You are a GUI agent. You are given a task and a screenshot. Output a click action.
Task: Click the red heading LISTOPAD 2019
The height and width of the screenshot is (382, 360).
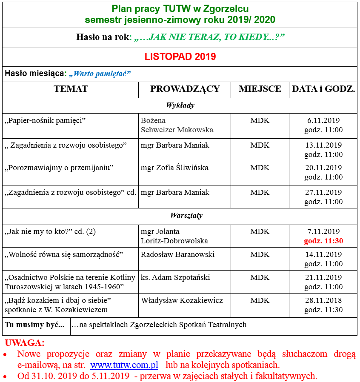pos(180,57)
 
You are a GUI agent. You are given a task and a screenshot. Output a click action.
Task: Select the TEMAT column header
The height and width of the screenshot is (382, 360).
pos(71,89)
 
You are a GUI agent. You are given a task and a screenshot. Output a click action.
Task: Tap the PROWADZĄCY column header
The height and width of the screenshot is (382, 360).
pos(185,89)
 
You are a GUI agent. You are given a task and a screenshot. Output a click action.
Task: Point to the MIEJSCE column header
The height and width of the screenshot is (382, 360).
pos(260,89)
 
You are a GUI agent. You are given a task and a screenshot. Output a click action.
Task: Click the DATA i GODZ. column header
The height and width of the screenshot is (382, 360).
pos(323,89)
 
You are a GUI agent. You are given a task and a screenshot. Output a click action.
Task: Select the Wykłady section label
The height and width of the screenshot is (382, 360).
pos(180,105)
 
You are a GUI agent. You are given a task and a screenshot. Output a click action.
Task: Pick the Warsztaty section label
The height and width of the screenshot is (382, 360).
pos(180,215)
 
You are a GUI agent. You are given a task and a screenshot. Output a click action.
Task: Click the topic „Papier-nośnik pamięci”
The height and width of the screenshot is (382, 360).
pos(46,120)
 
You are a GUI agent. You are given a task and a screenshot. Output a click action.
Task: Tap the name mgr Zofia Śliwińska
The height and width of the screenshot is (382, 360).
pos(174,168)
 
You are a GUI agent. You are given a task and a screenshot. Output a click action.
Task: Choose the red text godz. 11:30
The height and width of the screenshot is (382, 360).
pos(323,241)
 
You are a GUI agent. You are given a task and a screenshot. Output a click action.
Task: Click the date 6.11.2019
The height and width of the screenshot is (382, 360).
pos(323,120)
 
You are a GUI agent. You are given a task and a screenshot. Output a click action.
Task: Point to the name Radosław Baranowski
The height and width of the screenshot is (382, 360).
pos(177,254)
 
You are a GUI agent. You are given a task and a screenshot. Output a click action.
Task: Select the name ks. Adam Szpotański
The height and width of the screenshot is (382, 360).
pos(175,277)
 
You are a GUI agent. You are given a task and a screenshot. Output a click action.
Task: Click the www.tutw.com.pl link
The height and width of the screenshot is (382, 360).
pos(124,365)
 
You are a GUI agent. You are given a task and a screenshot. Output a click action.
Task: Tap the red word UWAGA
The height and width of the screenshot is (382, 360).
pos(24,343)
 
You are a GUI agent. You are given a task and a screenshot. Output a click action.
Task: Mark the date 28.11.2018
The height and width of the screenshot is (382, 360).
pos(323,300)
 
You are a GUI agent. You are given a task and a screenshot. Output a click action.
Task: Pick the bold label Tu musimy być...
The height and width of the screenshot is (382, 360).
pos(35,325)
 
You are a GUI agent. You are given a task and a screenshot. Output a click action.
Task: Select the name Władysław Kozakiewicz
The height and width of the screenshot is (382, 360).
pos(182,300)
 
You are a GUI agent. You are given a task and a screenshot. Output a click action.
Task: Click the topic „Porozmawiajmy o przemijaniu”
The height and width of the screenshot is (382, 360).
pos(59,168)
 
